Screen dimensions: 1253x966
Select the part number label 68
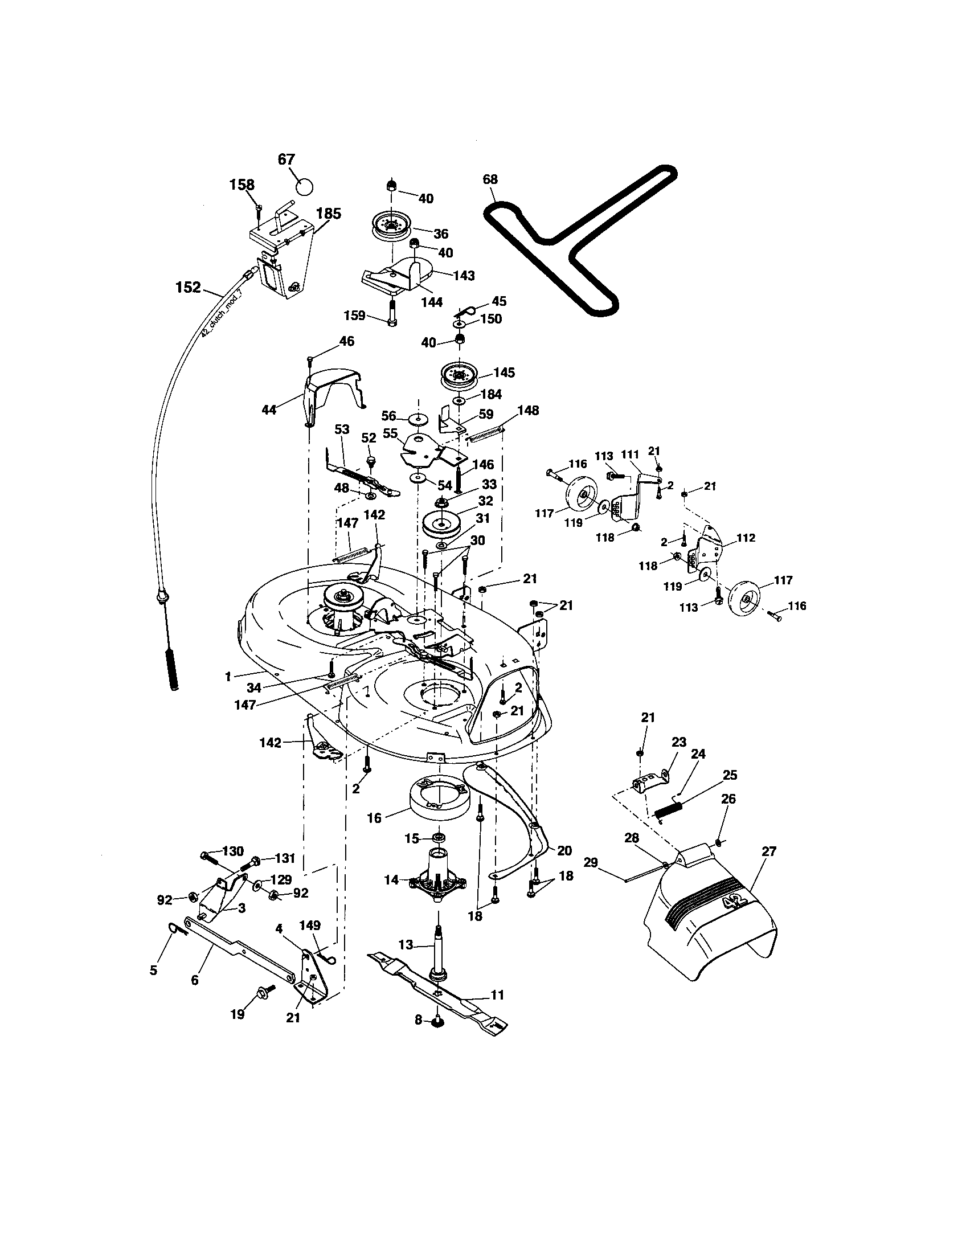pos(490,179)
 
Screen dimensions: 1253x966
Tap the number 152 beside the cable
pos(188,288)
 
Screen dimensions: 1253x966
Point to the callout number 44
pos(268,410)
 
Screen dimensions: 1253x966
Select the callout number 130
pos(232,851)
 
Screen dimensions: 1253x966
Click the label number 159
pos(355,316)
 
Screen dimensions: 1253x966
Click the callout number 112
pos(746,538)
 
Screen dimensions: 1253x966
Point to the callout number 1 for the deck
pos(228,677)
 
